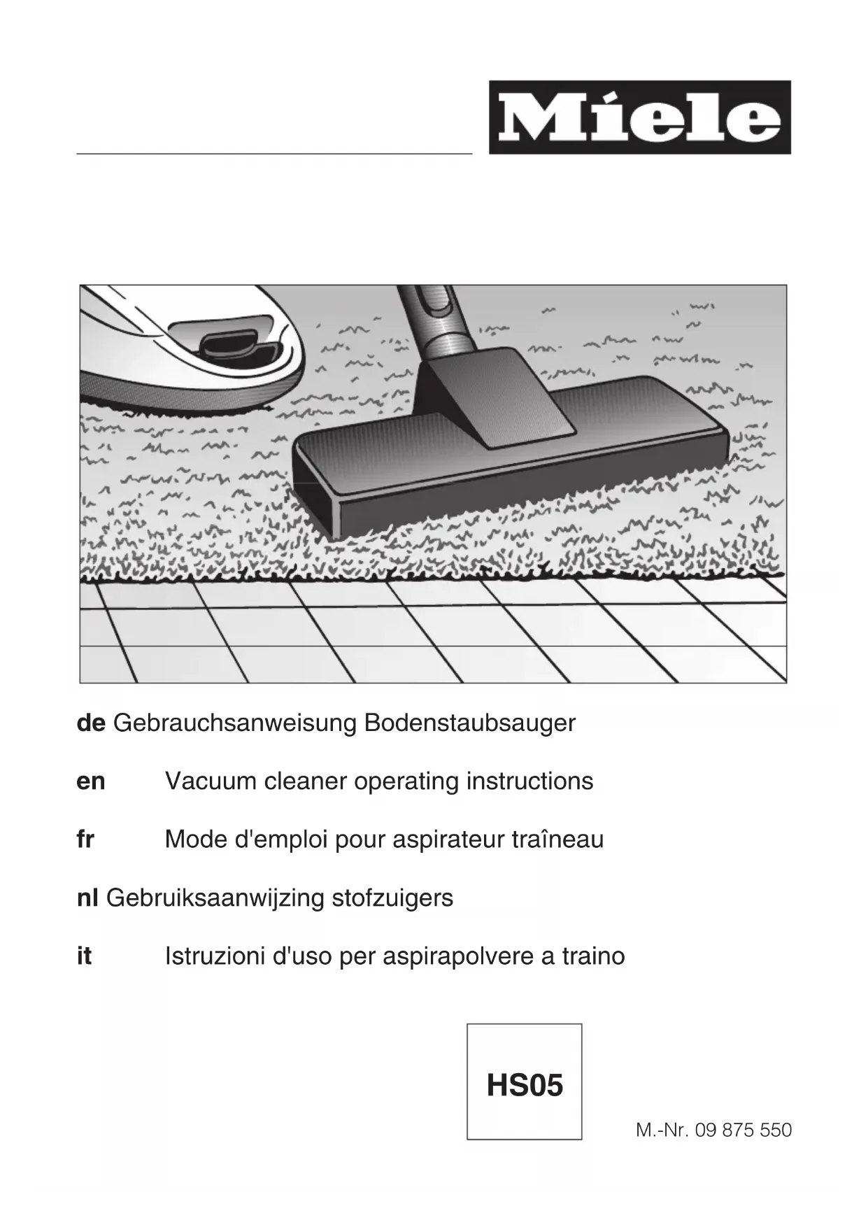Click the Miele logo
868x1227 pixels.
[639, 118]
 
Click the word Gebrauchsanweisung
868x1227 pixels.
[234, 723]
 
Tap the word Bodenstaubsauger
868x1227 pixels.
[469, 723]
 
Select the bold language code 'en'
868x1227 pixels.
[91, 781]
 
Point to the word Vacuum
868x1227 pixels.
[211, 781]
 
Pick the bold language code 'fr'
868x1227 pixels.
[85, 839]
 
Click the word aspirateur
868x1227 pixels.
[449, 839]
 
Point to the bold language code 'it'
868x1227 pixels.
[84, 956]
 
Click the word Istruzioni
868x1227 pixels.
[211, 956]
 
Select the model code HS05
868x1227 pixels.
[525, 1086]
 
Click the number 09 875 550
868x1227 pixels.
[744, 1130]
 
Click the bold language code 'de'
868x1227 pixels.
[91, 723]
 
